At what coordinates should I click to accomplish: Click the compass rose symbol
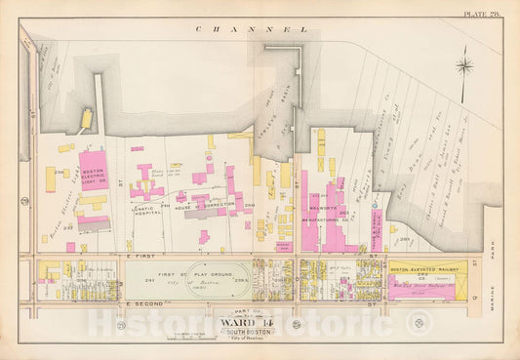(x=464, y=66)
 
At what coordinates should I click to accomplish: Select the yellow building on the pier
(x=86, y=120)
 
